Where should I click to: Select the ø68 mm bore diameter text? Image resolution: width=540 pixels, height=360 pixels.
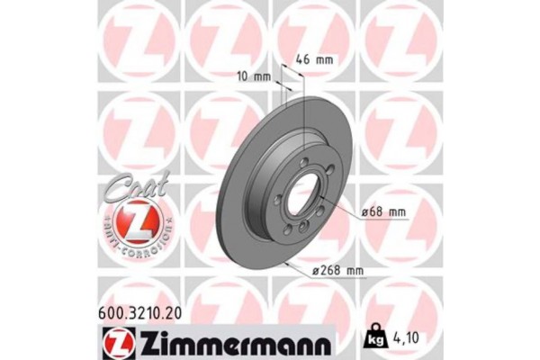click(x=383, y=211)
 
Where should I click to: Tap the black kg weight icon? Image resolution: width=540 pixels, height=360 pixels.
click(x=373, y=339)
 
